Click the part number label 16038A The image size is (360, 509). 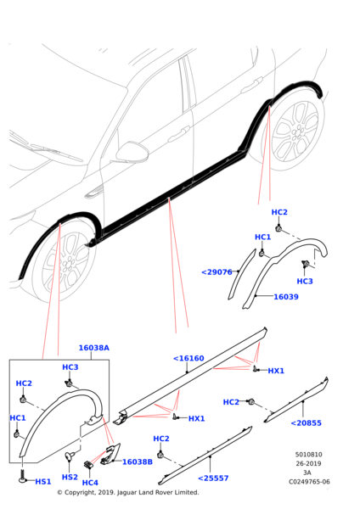coord(93,348)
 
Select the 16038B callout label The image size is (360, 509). coord(137,461)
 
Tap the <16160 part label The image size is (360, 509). coord(188,359)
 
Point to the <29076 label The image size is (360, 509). coord(217,272)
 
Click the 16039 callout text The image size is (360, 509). coord(285,297)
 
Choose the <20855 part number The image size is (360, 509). coord(306,422)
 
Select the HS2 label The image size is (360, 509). coord(70,477)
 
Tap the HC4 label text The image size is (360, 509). coord(90,483)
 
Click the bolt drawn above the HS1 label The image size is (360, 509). coord(21,477)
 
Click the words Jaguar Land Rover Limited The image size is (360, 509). coord(160,492)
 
